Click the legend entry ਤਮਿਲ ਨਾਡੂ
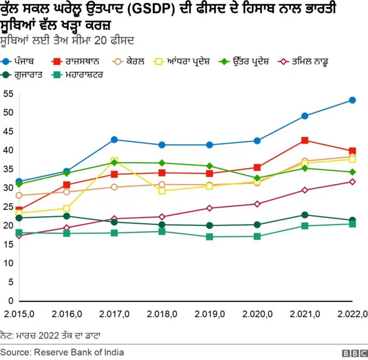click(316, 60)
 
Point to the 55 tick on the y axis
click(7, 94)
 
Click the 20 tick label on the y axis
click(7, 225)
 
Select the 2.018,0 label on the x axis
click(162, 313)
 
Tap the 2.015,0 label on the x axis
click(19, 313)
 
